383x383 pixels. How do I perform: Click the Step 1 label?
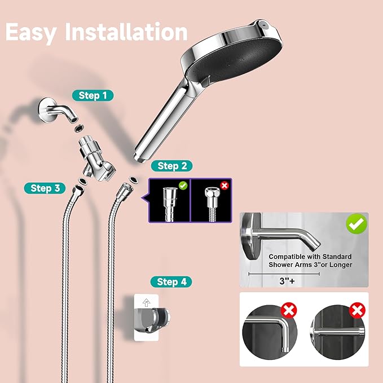click(93, 95)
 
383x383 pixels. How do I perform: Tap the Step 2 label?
click(171, 166)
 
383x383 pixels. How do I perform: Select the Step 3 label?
click(45, 188)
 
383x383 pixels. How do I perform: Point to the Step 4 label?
click(171, 281)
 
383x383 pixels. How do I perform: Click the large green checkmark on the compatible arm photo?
click(356, 224)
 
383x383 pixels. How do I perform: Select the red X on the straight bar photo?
click(357, 309)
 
